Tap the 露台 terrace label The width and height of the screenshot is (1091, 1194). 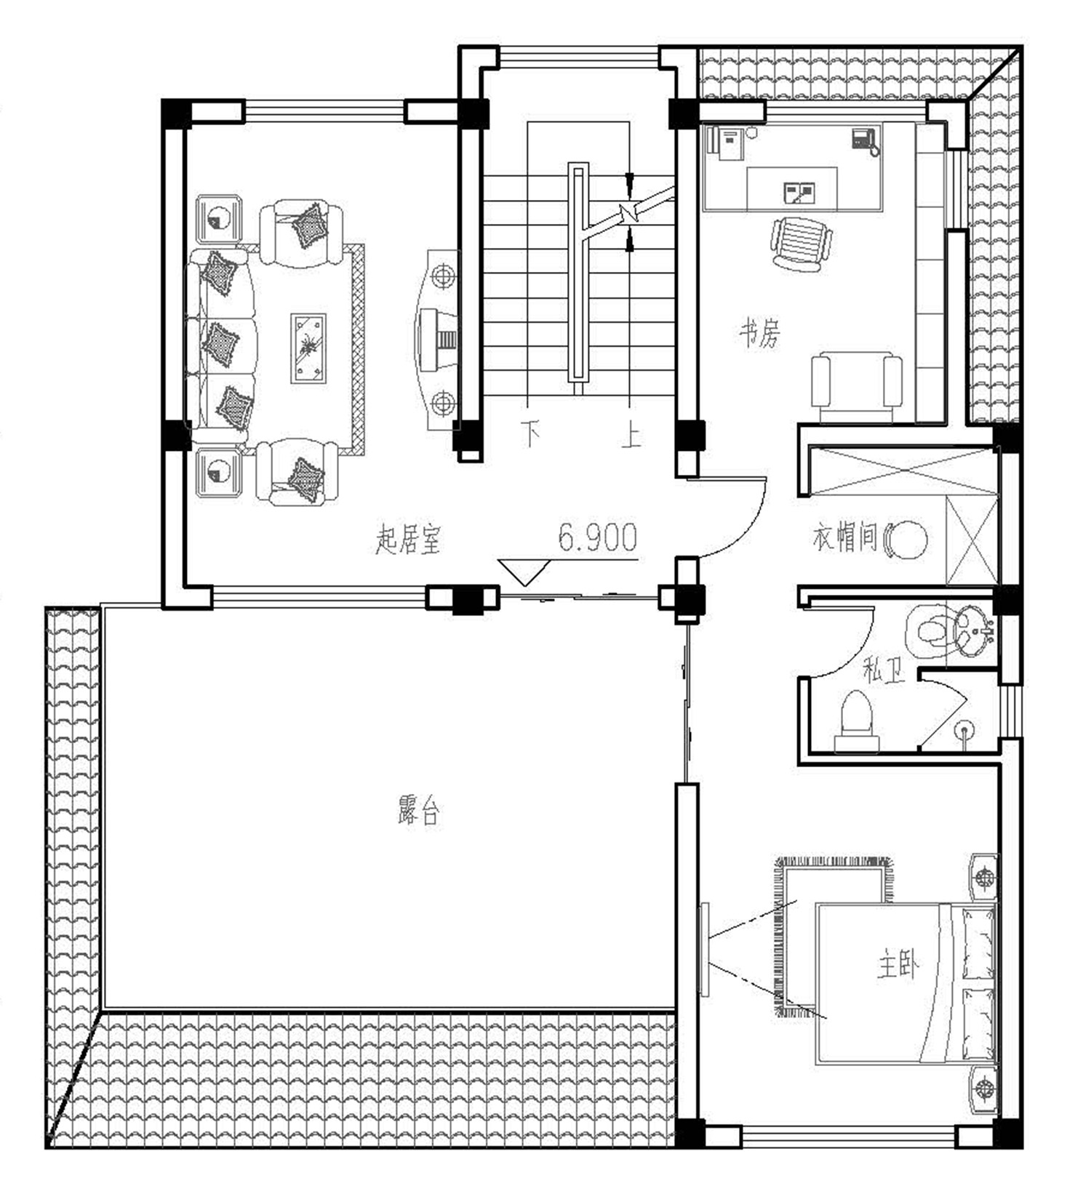coord(420,812)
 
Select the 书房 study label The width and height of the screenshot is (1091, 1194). coord(759,334)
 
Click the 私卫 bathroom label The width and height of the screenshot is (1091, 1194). coord(884,670)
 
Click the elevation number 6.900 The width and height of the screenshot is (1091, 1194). coord(598,537)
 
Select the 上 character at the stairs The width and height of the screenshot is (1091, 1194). coord(631,434)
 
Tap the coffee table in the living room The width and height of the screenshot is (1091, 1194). coord(308,348)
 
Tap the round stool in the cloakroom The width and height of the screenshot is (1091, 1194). coord(906,539)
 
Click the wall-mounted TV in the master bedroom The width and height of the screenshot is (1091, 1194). coord(704,949)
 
